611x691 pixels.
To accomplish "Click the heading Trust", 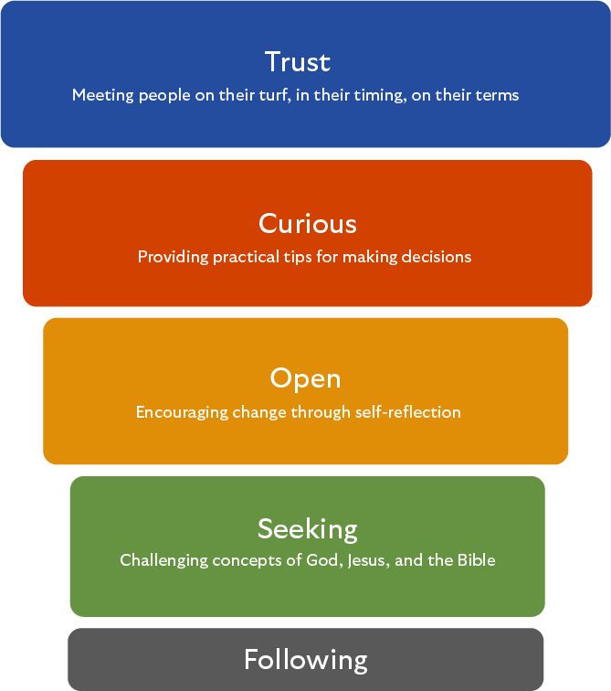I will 297,62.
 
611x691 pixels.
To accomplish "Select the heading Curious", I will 307,224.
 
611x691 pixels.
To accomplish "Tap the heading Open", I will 305,378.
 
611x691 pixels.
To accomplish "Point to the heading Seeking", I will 307,528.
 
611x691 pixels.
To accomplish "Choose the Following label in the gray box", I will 305,659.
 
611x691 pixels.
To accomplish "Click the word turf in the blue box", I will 275,95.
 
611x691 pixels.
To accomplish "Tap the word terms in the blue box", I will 497,95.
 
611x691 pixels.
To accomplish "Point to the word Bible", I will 476,560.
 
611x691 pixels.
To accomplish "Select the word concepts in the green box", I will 246,560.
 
